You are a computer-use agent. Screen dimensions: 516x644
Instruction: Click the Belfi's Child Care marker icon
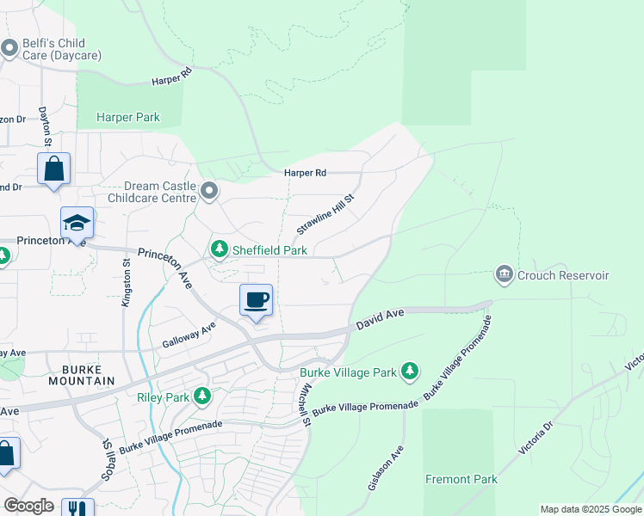pos(9,48)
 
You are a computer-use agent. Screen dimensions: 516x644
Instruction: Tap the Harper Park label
pos(128,118)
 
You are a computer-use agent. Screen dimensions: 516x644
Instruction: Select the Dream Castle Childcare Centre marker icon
pos(209,189)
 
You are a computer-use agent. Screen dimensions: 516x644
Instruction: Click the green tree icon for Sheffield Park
pos(220,249)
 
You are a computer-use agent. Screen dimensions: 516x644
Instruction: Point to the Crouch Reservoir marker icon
pos(504,274)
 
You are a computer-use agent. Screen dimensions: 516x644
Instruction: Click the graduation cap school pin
pos(77,224)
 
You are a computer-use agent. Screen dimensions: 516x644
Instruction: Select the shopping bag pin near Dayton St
pos(53,169)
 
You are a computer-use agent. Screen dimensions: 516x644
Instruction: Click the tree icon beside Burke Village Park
pos(411,372)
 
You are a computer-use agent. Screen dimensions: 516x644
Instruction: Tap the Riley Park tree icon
pos(202,396)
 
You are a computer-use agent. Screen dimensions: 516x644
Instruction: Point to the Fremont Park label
pos(461,479)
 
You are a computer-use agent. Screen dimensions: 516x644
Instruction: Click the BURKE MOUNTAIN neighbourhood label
pos(82,374)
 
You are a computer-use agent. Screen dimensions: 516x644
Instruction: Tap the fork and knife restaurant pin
pos(80,507)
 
